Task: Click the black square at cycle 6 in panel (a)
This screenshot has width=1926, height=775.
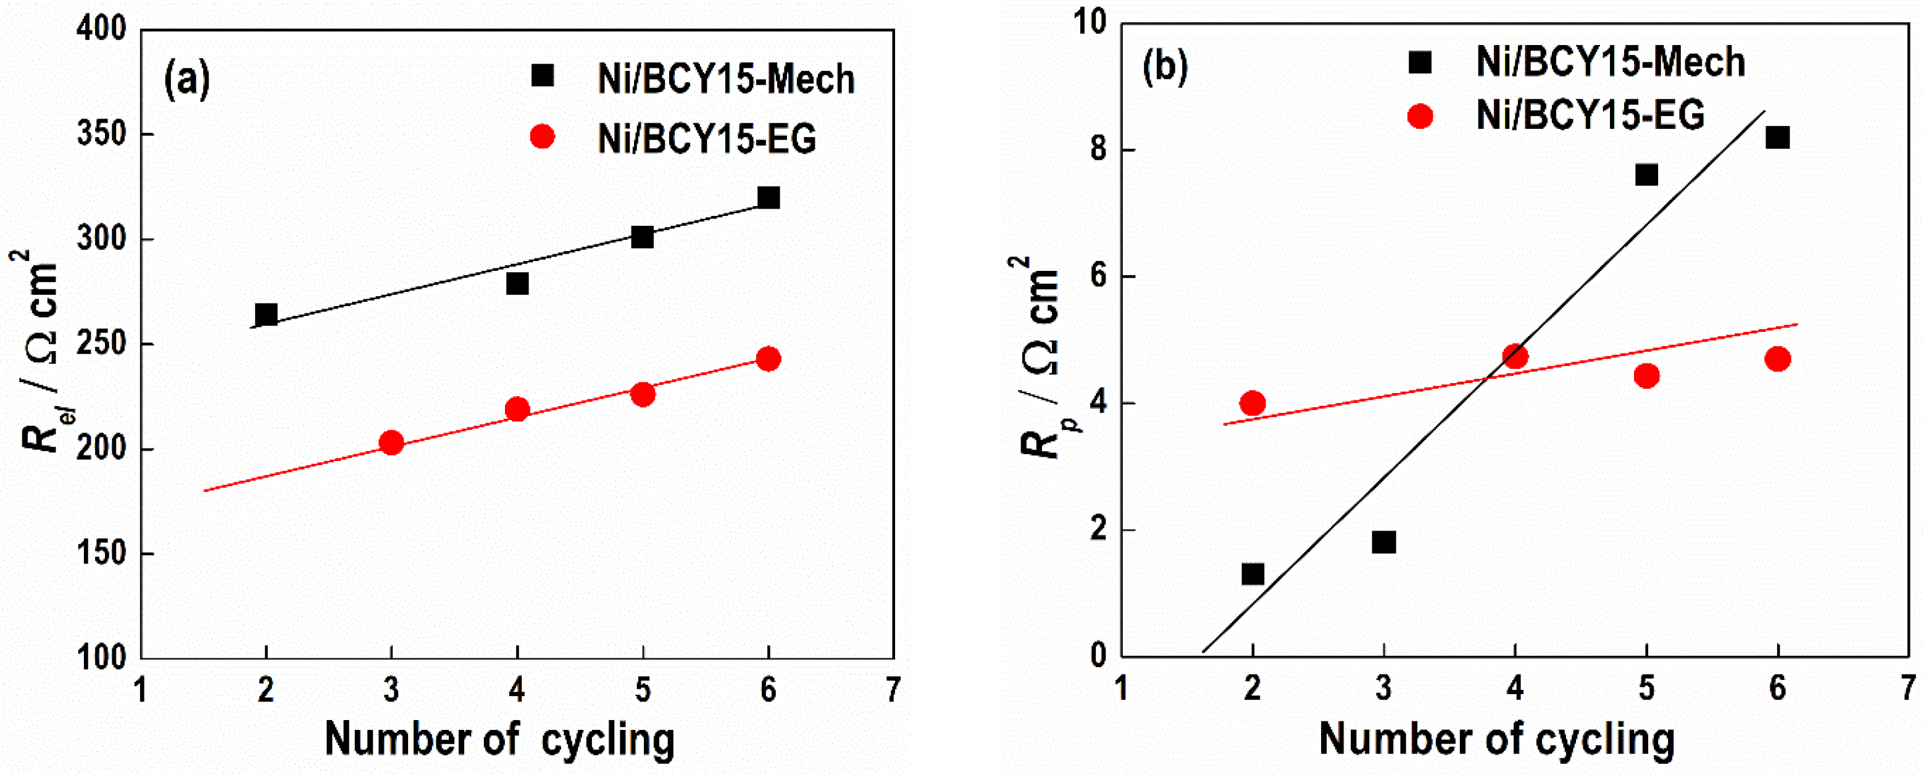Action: click(769, 198)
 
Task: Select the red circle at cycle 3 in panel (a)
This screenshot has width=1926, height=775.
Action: click(391, 443)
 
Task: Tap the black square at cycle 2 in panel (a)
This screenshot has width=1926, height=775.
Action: click(266, 315)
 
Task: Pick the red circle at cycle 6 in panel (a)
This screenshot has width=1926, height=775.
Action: click(769, 358)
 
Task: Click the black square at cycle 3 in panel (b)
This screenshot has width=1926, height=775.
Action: click(1384, 542)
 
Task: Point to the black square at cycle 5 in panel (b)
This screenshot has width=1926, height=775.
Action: click(1646, 175)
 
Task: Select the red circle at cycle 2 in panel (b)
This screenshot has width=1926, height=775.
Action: click(1253, 404)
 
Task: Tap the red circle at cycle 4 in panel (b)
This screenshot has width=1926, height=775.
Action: click(1515, 357)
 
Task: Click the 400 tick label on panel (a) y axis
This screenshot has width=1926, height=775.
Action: click(102, 30)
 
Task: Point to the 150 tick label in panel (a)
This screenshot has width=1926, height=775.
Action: click(102, 553)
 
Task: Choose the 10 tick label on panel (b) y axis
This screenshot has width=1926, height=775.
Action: click(1090, 22)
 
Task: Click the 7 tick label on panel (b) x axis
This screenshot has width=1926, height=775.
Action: click(1909, 687)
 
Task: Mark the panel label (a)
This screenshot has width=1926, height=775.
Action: click(187, 78)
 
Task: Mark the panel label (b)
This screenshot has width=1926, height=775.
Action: click(1165, 67)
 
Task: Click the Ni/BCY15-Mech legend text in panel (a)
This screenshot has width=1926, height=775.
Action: click(726, 79)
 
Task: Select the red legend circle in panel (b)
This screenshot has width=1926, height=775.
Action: click(1420, 116)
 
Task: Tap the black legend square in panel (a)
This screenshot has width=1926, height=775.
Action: click(542, 75)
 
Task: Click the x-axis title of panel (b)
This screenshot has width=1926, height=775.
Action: click(1496, 739)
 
